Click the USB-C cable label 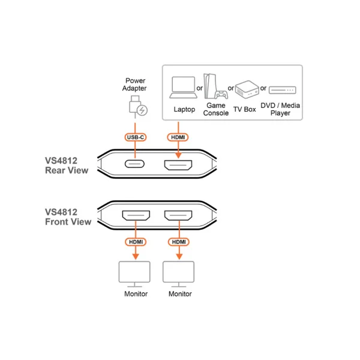[x=136, y=137]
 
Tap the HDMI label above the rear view [x=178, y=137]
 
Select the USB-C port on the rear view [x=134, y=164]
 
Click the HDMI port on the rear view [x=178, y=165]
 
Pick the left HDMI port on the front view [x=136, y=215]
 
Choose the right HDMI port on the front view [x=178, y=215]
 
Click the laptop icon [x=183, y=88]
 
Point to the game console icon [x=215, y=86]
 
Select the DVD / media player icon [x=283, y=90]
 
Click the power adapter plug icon [x=138, y=107]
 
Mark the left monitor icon [x=134, y=274]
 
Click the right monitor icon [x=179, y=274]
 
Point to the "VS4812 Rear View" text [x=67, y=166]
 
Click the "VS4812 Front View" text [x=68, y=217]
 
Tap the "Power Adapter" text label [x=134, y=85]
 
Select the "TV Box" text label [x=245, y=109]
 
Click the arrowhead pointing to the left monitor [x=136, y=257]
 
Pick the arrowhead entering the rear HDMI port [x=178, y=155]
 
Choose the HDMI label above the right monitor [x=179, y=242]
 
